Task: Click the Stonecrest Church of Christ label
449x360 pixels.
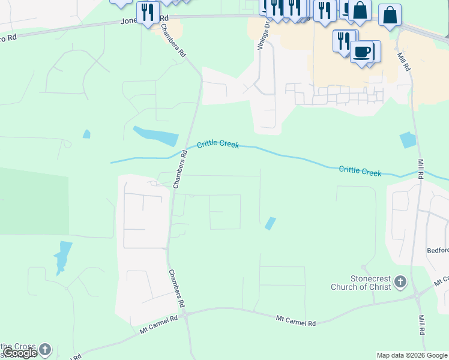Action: point(361,283)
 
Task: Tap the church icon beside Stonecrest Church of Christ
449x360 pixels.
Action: point(401,282)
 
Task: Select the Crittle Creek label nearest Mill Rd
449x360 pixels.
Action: point(360,171)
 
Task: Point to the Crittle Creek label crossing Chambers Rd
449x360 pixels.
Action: point(218,145)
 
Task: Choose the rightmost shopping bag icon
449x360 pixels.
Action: point(390,16)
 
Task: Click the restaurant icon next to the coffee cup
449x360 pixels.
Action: point(344,41)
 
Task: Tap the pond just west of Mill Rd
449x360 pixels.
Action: point(408,140)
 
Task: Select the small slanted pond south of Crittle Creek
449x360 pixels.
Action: point(271,223)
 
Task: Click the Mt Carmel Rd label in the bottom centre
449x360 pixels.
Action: point(295,322)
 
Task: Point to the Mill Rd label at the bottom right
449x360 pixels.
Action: point(422,323)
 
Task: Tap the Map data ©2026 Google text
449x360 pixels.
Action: point(412,355)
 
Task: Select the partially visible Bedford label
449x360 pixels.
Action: point(438,250)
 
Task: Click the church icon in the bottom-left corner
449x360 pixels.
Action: point(45,349)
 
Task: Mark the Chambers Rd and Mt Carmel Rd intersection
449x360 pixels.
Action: point(184,314)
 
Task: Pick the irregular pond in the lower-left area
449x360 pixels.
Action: point(62,256)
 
